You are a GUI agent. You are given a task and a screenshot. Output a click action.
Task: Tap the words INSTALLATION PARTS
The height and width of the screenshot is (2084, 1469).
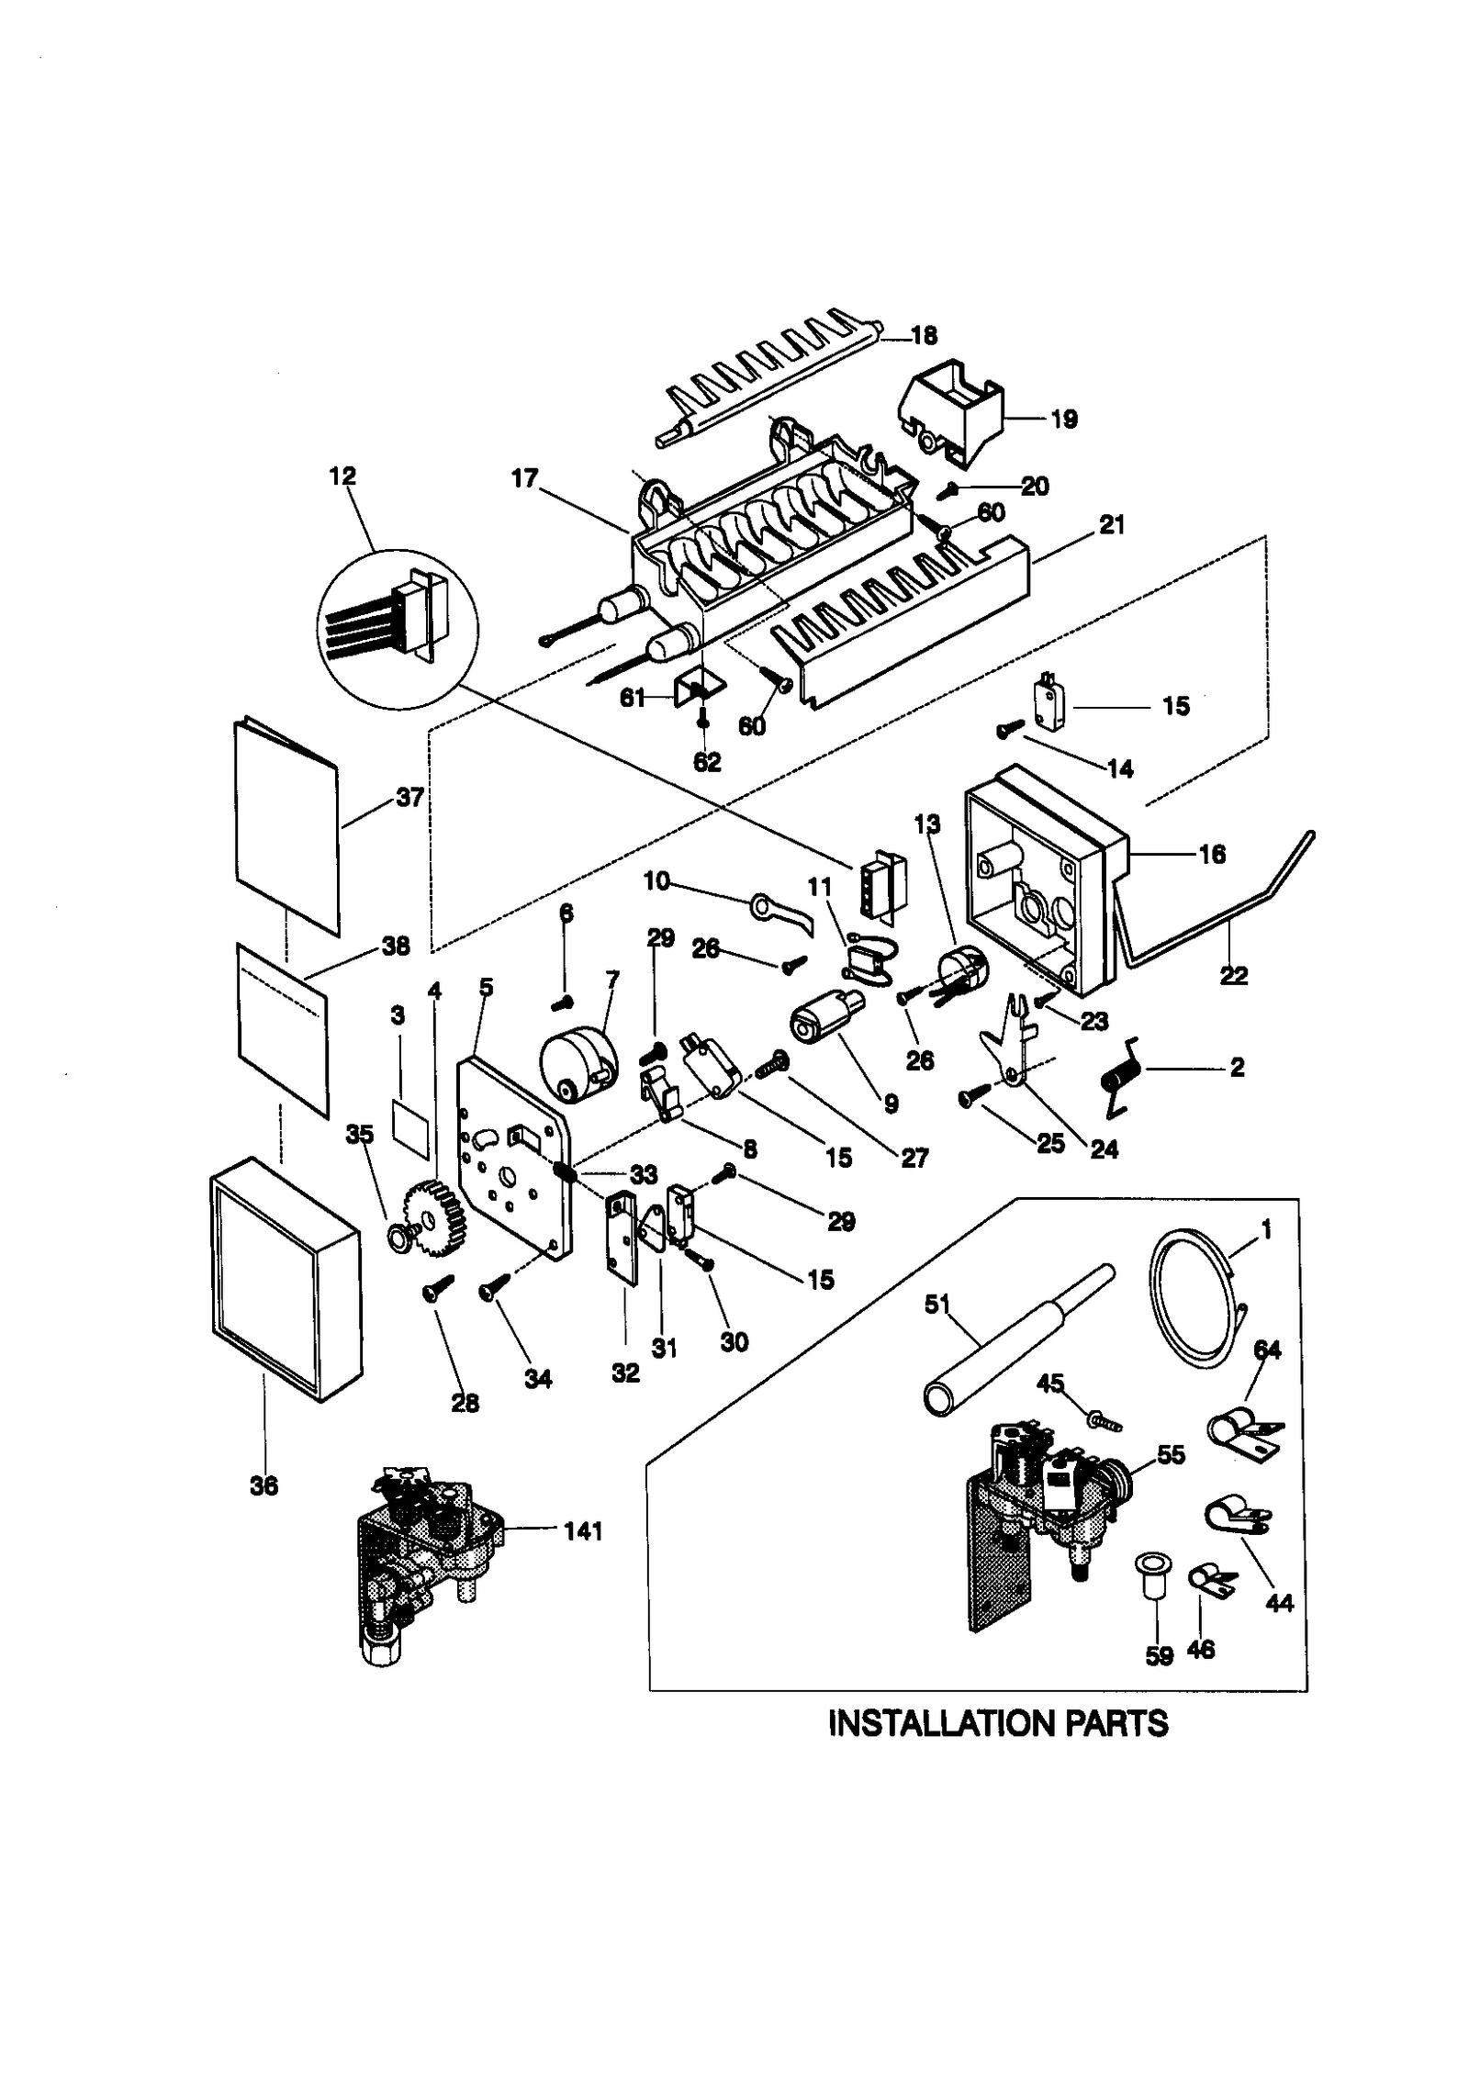[997, 1723]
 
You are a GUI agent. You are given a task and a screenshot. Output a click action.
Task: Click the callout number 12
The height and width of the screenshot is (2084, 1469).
[342, 476]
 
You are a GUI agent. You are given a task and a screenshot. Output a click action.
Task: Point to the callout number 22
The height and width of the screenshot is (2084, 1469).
[1233, 976]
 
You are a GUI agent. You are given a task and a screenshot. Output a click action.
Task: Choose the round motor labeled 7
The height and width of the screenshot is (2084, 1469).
[577, 1065]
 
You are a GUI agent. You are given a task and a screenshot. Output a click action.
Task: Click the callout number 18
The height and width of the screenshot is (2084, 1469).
[923, 336]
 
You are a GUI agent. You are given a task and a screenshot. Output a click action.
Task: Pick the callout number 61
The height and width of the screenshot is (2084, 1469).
[632, 699]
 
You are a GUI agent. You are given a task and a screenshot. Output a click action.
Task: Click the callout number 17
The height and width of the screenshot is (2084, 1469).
[524, 478]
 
